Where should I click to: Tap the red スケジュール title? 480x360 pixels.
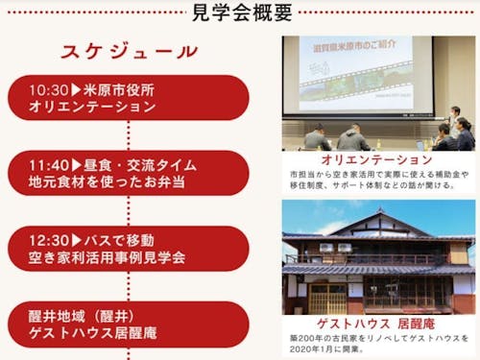tap(129, 51)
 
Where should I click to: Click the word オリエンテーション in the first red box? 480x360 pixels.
tap(92, 107)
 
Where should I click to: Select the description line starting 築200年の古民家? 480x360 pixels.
tap(380, 338)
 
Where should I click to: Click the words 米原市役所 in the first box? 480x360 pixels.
tap(120, 89)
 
